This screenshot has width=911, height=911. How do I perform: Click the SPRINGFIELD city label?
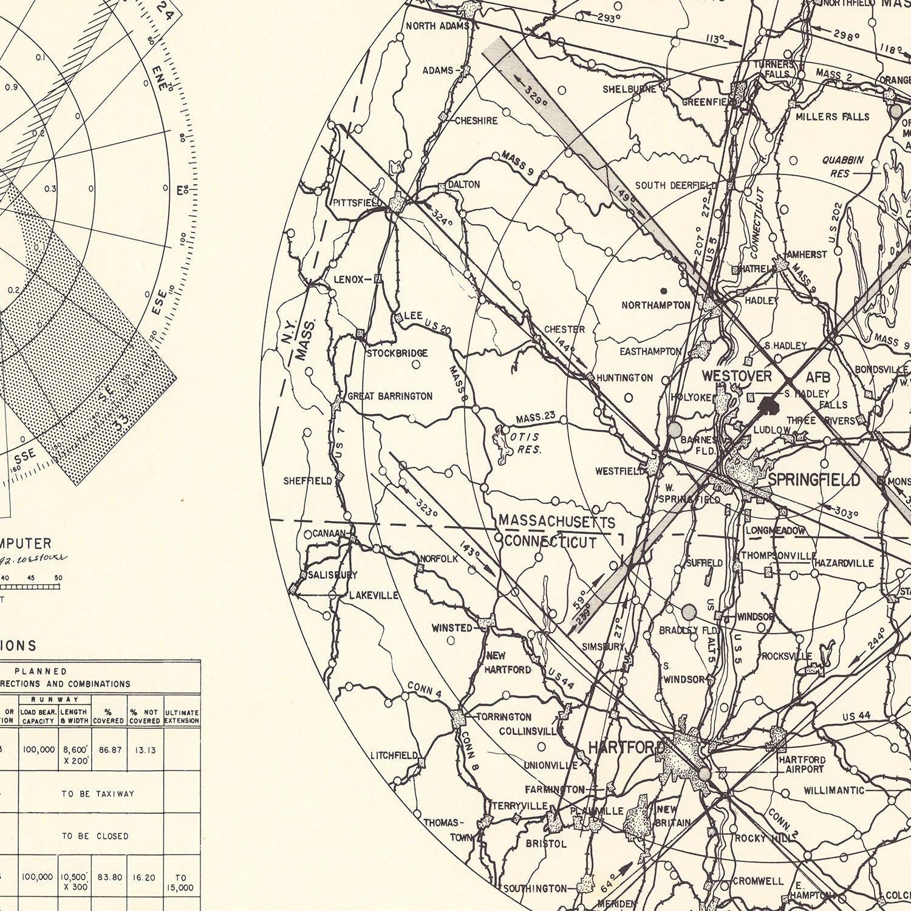point(814,480)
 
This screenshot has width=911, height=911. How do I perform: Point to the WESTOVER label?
point(737,377)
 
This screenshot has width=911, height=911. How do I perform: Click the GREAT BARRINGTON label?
point(390,396)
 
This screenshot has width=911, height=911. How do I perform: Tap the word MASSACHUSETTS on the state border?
point(556,521)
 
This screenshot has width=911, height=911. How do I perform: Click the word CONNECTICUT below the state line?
point(550,542)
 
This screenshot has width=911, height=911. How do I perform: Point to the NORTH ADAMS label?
point(437,26)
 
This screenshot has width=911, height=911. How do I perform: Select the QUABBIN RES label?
point(842,166)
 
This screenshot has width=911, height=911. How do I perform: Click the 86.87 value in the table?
point(110,750)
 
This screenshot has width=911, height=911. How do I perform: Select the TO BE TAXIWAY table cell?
point(98,793)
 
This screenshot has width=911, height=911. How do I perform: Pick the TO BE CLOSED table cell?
point(95,836)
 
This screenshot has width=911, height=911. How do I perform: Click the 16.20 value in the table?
point(145,877)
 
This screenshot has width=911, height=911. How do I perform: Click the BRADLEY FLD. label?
point(688,630)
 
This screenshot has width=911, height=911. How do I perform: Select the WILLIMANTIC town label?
point(833,790)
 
